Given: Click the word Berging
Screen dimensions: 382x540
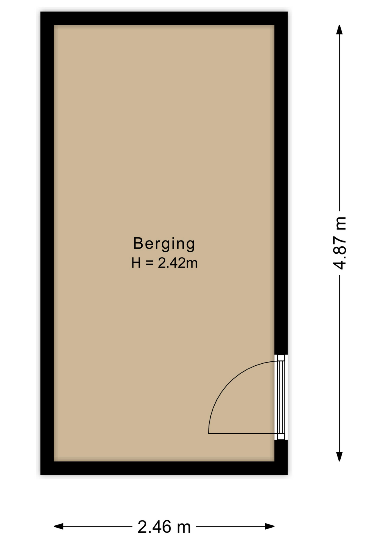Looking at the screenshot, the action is (x=164, y=244).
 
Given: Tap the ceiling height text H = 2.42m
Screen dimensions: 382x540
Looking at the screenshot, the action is (x=165, y=263).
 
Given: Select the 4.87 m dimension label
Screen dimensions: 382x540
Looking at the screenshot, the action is (x=340, y=243).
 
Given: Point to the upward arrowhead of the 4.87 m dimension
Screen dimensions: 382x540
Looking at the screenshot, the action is (x=340, y=29).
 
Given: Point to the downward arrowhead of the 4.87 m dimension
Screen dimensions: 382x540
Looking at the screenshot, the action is (x=340, y=457).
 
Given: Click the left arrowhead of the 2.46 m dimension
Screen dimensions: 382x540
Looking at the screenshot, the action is (x=59, y=526).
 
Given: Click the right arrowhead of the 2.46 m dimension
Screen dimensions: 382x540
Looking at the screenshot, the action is (x=270, y=526).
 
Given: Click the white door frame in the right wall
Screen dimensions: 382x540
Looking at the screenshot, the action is (x=281, y=397).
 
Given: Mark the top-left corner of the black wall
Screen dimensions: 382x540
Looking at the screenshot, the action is (x=41, y=12).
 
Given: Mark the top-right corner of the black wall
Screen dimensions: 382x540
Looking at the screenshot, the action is (x=287, y=12).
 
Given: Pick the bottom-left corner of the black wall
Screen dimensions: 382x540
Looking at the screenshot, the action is (x=41, y=475).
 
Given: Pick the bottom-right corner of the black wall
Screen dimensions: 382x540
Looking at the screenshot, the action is (x=287, y=475).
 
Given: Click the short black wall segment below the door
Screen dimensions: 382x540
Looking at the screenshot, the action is (x=281, y=451).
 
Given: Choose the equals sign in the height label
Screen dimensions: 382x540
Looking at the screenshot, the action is (x=149, y=263).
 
